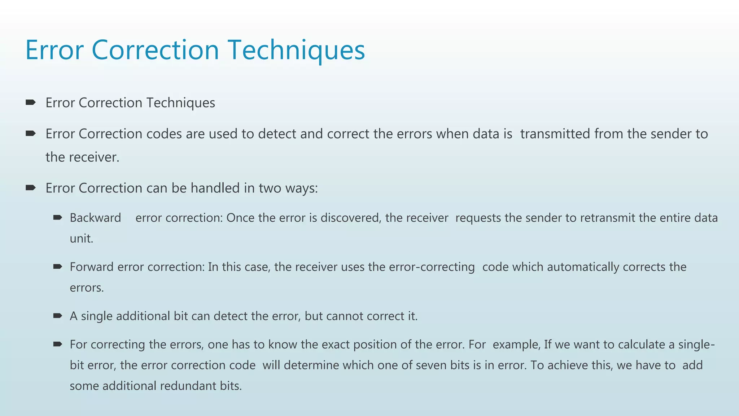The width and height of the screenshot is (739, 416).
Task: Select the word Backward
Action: (x=95, y=218)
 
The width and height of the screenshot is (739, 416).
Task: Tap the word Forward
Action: (x=92, y=267)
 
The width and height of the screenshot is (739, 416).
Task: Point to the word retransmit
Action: (x=608, y=218)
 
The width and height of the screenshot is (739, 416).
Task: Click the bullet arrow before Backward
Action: (x=57, y=217)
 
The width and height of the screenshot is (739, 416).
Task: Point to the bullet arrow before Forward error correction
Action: (x=57, y=266)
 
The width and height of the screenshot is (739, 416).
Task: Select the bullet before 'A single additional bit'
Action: (x=57, y=316)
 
